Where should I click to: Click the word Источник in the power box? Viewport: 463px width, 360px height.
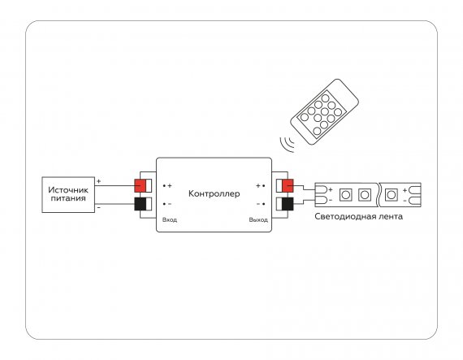pyautogui.click(x=68, y=190)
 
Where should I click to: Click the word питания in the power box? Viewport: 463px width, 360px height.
pyautogui.click(x=68, y=198)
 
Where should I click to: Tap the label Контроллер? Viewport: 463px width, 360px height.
pyautogui.click(x=214, y=193)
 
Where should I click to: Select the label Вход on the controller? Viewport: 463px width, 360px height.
pyautogui.click(x=170, y=219)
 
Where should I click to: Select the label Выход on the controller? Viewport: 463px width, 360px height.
pyautogui.click(x=258, y=219)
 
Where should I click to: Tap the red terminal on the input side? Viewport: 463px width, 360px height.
pyautogui.click(x=140, y=186)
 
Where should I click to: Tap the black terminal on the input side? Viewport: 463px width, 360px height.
pyautogui.click(x=140, y=204)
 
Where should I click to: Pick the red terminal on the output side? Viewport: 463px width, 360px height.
pyautogui.click(x=288, y=186)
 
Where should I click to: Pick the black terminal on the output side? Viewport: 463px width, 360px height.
pyautogui.click(x=288, y=204)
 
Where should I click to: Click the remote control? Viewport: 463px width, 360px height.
pyautogui.click(x=324, y=111)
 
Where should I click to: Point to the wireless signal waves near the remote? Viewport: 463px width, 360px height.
pyautogui.click(x=287, y=144)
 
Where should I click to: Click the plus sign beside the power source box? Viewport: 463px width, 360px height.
pyautogui.click(x=98, y=181)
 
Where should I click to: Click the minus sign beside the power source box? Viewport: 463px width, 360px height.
pyautogui.click(x=98, y=208)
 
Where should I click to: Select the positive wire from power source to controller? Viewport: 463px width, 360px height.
pyautogui.click(x=115, y=186)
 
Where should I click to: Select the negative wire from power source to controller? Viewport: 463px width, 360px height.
pyautogui.click(x=115, y=204)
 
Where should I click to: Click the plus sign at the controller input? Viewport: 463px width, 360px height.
pyautogui.click(x=170, y=186)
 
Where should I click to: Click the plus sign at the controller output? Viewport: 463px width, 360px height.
pyautogui.click(x=258, y=186)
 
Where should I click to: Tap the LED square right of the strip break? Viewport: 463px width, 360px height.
pyautogui.click(x=391, y=195)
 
